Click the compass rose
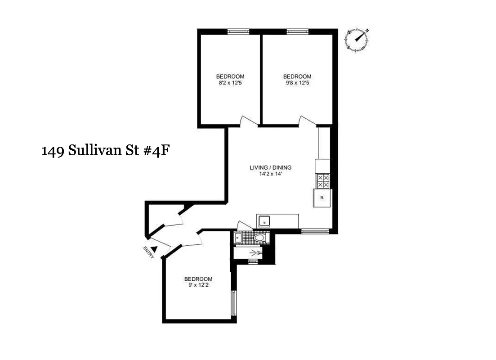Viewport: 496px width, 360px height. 358,39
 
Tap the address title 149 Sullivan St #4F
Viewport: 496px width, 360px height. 105,150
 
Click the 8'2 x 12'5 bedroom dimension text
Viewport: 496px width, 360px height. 230,83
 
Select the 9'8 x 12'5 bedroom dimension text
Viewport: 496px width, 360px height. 297,83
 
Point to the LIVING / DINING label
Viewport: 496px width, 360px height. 270,168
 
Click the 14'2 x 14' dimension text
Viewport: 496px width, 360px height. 270,174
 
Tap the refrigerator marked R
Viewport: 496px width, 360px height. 322,198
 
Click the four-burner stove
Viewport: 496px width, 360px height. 323,181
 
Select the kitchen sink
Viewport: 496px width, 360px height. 264,221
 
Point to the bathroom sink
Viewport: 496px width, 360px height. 238,238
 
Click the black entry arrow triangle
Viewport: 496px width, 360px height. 154,249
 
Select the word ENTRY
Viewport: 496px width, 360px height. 148,252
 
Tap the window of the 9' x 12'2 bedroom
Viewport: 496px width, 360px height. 233,303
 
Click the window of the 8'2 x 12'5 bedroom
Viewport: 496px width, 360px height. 238,31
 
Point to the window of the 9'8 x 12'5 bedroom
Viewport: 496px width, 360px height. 297,31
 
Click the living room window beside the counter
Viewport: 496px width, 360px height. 315,231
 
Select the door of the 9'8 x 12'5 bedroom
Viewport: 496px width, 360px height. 308,121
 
